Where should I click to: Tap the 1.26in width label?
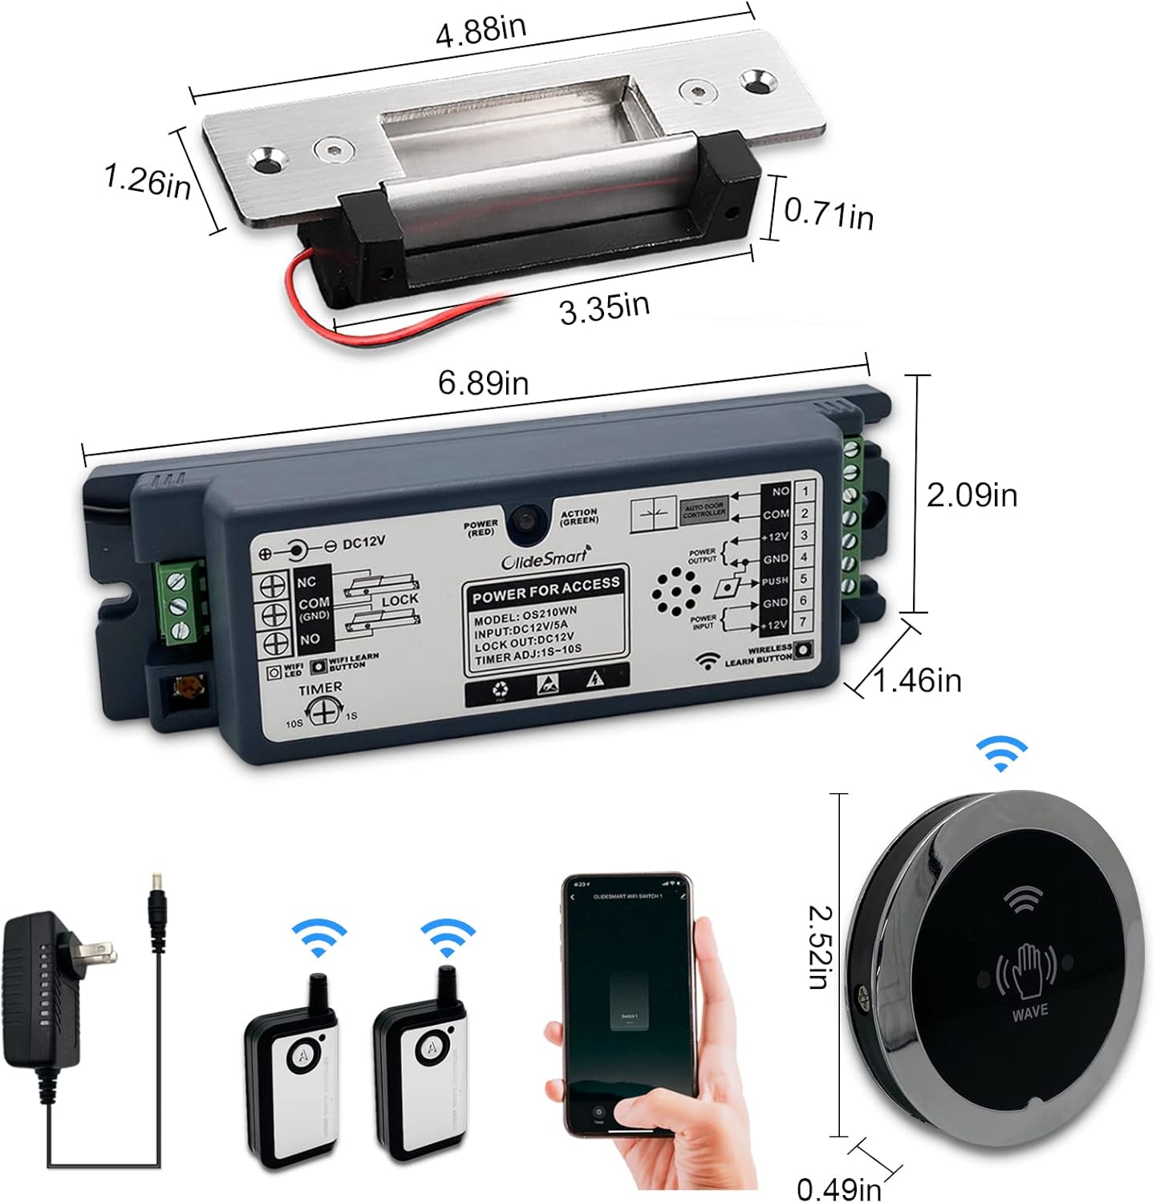pyautogui.click(x=147, y=180)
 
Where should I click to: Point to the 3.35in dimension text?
pyautogui.click(x=604, y=308)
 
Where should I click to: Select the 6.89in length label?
pyautogui.click(x=483, y=383)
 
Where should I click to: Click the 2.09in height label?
pyautogui.click(x=971, y=495)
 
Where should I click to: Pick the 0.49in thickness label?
pyautogui.click(x=838, y=1188)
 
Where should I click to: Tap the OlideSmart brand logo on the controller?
pyautogui.click(x=546, y=559)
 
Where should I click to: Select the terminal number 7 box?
pyautogui.click(x=804, y=622)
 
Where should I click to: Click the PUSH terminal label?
pyautogui.click(x=774, y=580)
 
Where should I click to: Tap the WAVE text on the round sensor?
pyautogui.click(x=1029, y=1011)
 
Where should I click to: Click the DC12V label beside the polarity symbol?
pyautogui.click(x=363, y=542)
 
